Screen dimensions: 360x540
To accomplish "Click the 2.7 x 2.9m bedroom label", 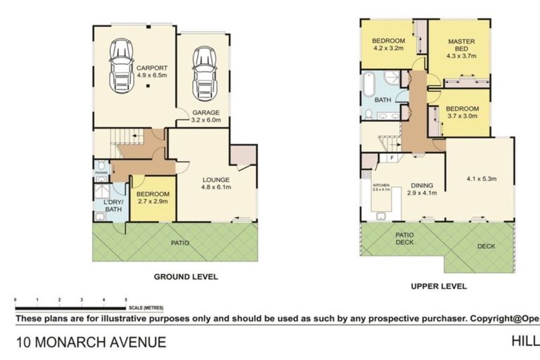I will (153, 198).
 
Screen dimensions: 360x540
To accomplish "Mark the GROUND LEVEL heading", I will (186, 277).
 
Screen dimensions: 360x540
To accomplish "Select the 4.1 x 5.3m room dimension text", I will (482, 179).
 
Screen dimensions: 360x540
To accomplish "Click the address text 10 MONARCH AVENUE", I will (91, 342).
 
